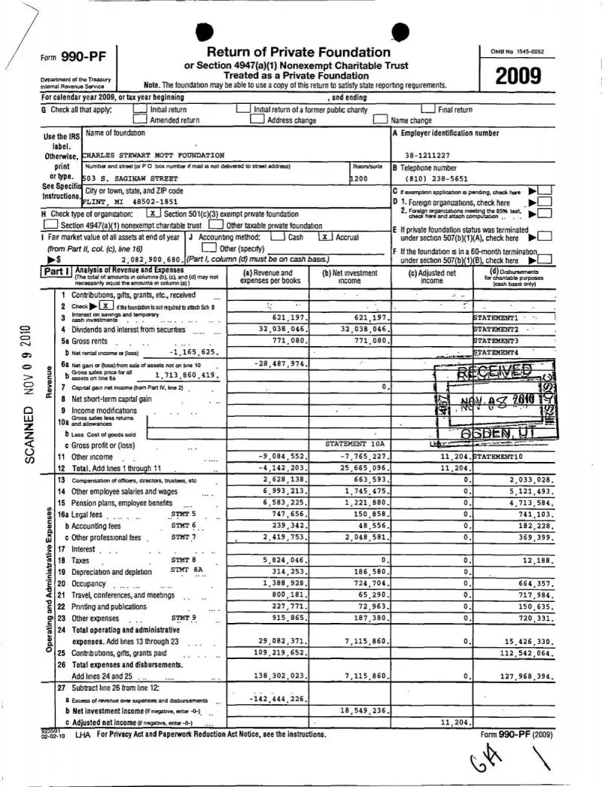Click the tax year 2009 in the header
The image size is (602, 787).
(x=518, y=76)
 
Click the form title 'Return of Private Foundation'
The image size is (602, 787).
(x=298, y=52)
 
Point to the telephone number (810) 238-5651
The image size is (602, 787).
(x=436, y=179)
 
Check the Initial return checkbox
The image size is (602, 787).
(x=138, y=110)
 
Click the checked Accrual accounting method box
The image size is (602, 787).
(x=325, y=236)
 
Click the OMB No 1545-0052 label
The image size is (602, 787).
(x=518, y=51)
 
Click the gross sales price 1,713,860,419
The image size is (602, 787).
(x=186, y=375)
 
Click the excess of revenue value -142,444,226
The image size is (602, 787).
(x=277, y=698)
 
